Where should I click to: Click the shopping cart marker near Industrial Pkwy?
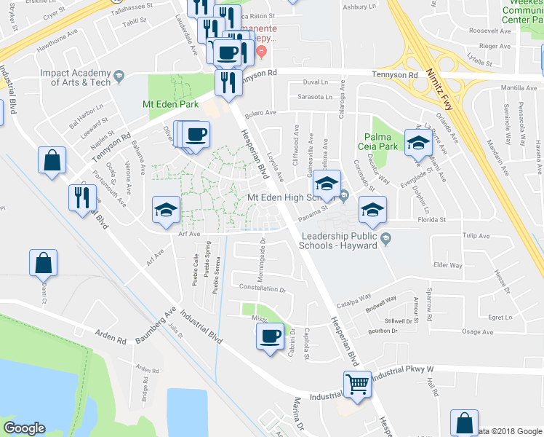coord(356,384)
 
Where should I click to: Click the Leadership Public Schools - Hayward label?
coord(340,240)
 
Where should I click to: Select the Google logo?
coord(25,428)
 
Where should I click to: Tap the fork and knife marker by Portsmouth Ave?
coord(81,197)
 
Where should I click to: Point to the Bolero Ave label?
coord(261,113)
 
